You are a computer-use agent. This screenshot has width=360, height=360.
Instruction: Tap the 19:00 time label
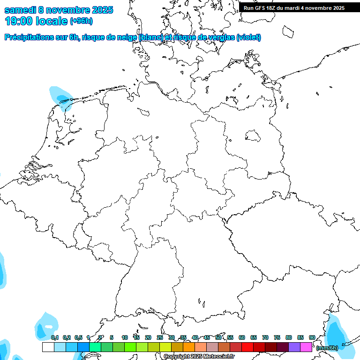click(19, 21)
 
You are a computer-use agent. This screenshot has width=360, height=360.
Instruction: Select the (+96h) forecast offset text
click(81, 21)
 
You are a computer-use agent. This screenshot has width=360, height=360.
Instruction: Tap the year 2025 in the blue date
click(99, 10)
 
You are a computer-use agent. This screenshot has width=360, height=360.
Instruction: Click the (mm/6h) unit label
click(327, 348)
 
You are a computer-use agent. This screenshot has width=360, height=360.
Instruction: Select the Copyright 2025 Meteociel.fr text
click(199, 357)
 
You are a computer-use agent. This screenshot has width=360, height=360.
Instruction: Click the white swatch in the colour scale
click(48, 347)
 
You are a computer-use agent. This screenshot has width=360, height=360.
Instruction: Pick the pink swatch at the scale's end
click(306, 347)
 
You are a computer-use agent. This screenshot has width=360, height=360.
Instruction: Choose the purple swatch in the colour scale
click(294, 347)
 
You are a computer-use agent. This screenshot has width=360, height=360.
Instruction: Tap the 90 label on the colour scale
click(312, 337)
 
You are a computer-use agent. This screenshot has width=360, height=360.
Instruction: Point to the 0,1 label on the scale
click(55, 337)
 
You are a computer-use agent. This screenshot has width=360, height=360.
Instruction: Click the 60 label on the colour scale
click(242, 337)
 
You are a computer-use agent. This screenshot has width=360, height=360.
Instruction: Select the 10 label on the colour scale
click(125, 337)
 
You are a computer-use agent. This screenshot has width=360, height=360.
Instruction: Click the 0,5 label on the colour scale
click(78, 337)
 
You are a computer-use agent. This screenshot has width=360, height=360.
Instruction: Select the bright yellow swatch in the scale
click(165, 347)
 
